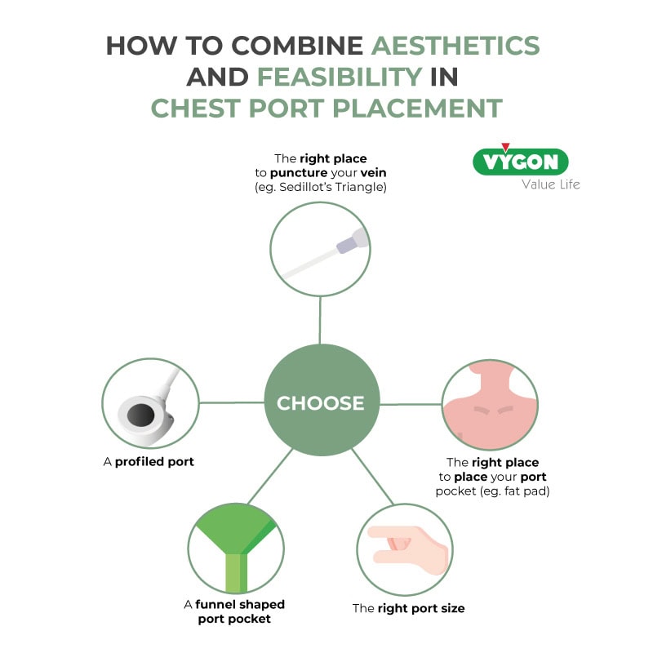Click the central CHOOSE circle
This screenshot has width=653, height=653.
(x=322, y=402)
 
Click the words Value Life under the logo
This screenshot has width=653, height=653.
(x=551, y=184)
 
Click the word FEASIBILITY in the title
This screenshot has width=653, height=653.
(x=340, y=77)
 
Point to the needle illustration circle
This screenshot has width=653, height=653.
(x=321, y=247)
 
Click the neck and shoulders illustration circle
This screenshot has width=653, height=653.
(x=491, y=402)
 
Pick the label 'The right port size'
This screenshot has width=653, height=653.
(x=408, y=608)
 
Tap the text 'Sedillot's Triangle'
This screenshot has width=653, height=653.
(x=338, y=188)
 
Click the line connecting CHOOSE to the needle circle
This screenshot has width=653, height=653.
(x=321, y=321)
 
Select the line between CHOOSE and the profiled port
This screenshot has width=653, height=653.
(x=232, y=402)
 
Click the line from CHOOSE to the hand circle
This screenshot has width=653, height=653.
(x=370, y=477)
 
